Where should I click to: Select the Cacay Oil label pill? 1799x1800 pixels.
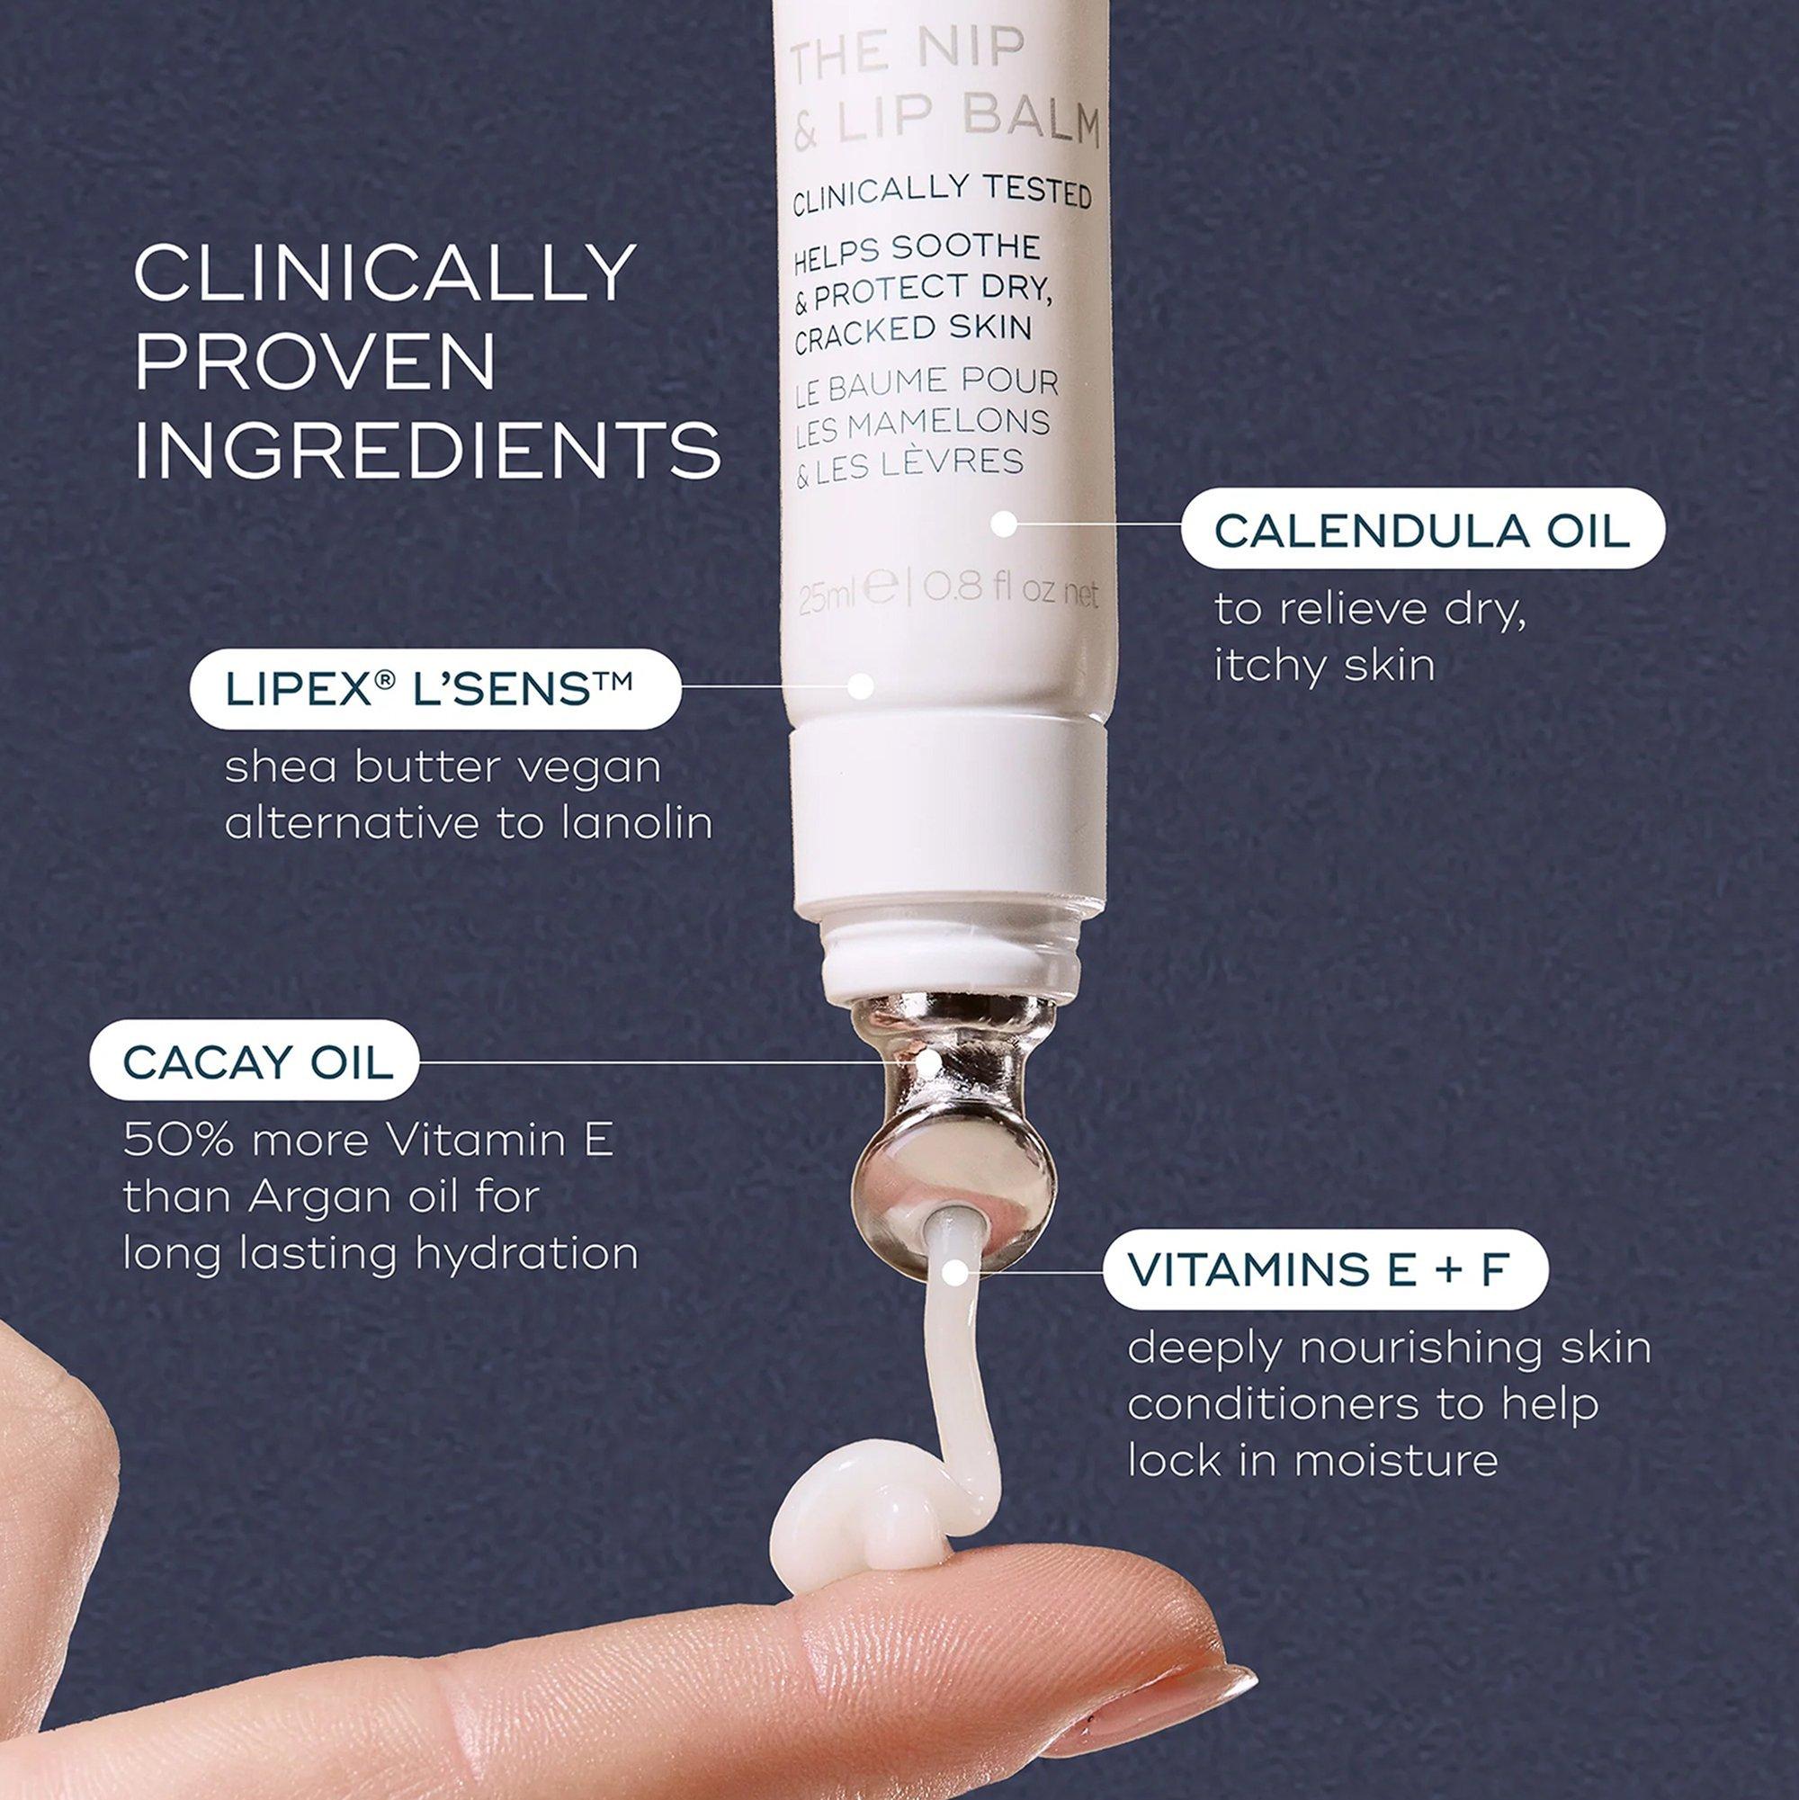[x=254, y=1061]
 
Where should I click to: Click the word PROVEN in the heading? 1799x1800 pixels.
[x=315, y=361]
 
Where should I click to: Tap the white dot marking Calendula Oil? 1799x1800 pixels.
[x=1002, y=524]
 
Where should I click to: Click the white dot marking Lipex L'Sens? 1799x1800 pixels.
[x=861, y=686]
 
